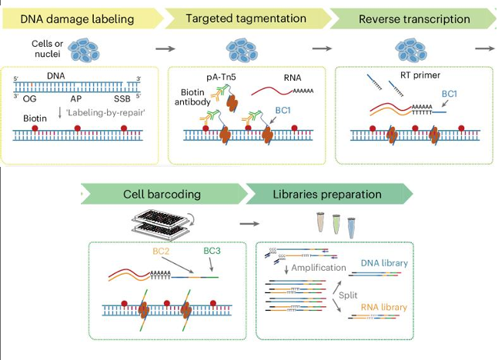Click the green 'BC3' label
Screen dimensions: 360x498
tap(209, 250)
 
